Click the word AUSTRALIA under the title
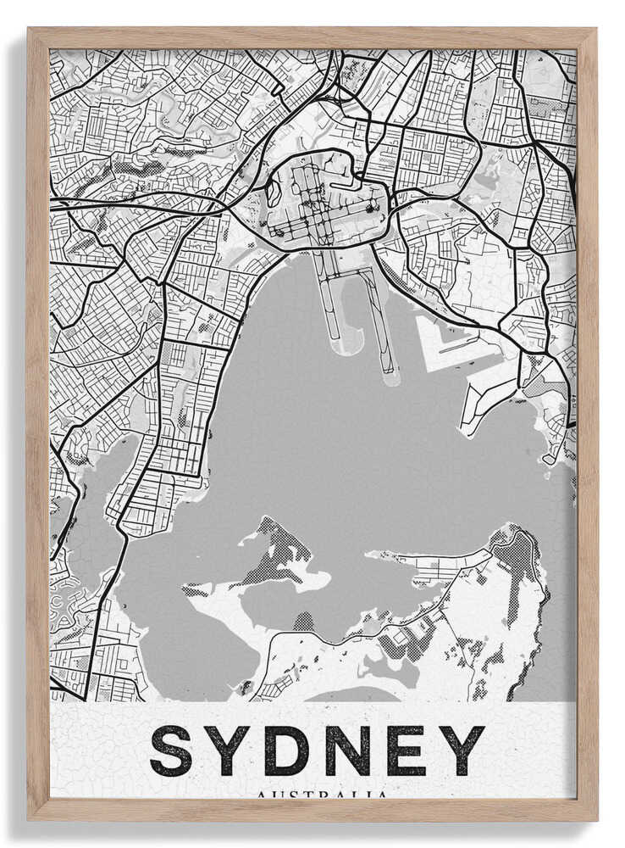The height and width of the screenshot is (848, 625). pyautogui.click(x=322, y=795)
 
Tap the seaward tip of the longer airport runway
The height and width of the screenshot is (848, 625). pyautogui.click(x=390, y=377)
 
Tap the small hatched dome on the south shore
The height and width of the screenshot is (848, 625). pyautogui.click(x=303, y=622)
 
